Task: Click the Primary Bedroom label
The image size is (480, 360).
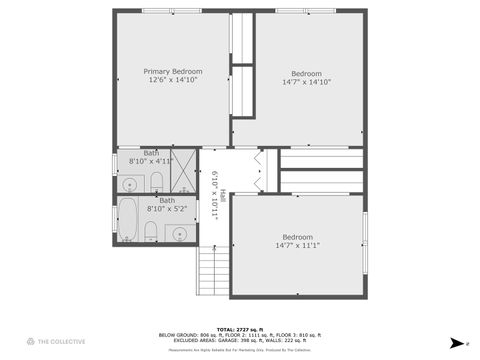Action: [x=173, y=72]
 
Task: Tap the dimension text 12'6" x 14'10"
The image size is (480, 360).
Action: [x=173, y=82]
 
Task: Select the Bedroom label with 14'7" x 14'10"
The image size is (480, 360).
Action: [x=307, y=73]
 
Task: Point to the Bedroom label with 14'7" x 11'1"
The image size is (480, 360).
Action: [x=297, y=237]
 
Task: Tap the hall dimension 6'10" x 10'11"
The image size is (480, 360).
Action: [x=213, y=195]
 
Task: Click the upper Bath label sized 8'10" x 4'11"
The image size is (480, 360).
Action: [x=151, y=153]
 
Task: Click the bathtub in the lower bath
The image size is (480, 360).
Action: [x=128, y=215]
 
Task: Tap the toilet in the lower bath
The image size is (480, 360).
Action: [x=150, y=233]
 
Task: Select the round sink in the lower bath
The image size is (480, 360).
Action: [x=180, y=234]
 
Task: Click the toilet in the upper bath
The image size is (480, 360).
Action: [x=156, y=181]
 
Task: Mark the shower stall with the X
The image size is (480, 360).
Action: [x=183, y=170]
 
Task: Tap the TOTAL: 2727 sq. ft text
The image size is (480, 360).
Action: [x=240, y=328]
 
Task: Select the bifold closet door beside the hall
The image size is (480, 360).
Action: [x=261, y=170]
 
